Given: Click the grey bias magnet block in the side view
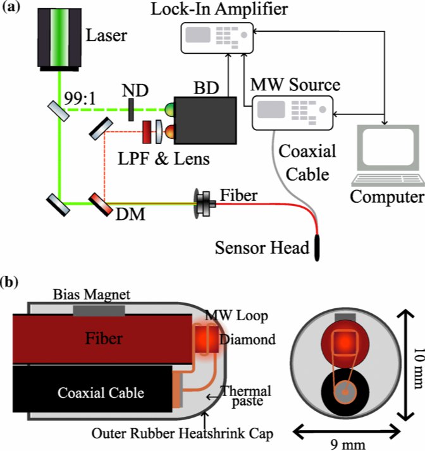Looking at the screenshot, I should (99, 310).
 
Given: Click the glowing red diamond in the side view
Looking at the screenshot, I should (204, 339).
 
